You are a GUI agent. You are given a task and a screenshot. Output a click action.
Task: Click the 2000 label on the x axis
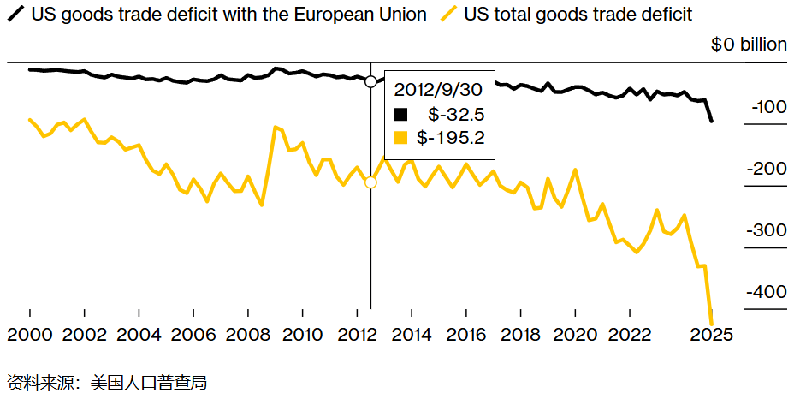tap(30, 334)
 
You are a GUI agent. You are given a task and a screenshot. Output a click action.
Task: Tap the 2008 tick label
tap(248, 334)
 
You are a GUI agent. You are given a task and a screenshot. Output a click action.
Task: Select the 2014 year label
tap(412, 334)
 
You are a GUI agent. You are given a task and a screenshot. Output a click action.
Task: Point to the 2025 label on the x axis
tap(712, 334)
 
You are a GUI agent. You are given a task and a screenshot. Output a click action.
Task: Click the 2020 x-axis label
tap(575, 334)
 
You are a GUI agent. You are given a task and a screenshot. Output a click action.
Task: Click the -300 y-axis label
tap(767, 231)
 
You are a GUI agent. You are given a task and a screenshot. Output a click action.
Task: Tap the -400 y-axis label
tap(767, 293)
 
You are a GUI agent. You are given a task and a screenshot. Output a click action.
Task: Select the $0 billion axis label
tap(749, 45)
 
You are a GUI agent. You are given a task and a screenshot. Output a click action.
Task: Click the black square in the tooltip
tap(400, 114)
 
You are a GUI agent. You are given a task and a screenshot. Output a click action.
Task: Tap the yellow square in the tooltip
tap(400, 137)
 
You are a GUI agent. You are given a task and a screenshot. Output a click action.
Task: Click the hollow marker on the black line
tap(370, 81)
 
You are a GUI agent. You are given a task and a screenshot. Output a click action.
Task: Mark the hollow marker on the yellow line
tap(370, 182)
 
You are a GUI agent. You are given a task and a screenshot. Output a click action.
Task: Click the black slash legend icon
tap(15, 15)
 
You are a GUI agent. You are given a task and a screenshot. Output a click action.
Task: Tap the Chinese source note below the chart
tap(107, 382)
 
